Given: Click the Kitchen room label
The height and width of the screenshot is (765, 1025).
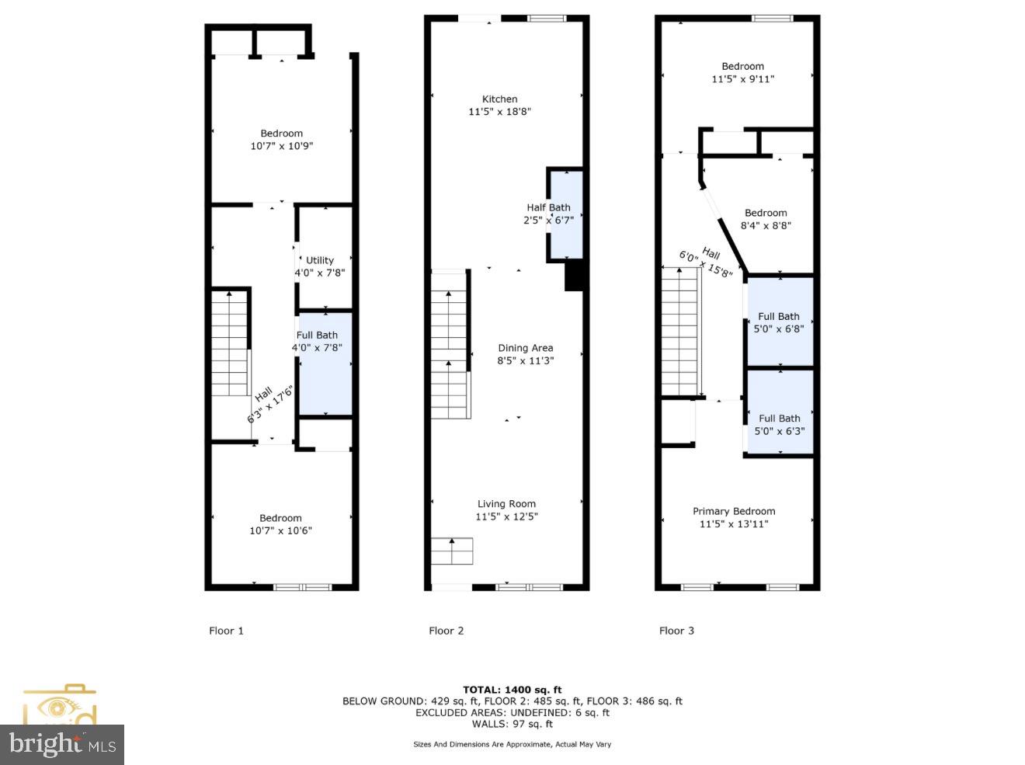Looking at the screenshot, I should click(499, 99).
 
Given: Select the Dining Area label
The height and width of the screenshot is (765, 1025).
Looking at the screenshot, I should click(525, 348).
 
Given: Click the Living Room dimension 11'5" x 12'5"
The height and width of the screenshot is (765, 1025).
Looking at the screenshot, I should click(506, 516).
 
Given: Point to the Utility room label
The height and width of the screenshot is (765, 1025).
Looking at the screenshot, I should click(319, 260).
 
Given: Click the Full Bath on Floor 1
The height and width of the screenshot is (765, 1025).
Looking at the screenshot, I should click(325, 365).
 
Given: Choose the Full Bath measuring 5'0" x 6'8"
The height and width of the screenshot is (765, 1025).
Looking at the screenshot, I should click(779, 322).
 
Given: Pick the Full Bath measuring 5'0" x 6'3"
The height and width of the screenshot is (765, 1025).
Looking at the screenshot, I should click(779, 424).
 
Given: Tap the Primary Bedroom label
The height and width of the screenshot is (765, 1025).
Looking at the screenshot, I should click(734, 511).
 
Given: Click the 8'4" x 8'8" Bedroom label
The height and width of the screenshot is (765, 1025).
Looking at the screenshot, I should click(766, 219).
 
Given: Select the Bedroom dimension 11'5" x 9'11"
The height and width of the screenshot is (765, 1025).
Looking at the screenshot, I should click(742, 79).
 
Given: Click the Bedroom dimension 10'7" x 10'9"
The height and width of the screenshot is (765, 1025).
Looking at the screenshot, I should click(281, 146).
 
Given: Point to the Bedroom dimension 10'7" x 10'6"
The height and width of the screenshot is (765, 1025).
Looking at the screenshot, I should click(280, 531).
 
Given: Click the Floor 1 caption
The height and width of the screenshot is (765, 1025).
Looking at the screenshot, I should click(226, 631).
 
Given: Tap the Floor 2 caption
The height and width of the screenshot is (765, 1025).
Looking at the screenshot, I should click(446, 631).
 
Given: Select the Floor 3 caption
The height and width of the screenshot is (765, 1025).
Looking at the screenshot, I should click(676, 631).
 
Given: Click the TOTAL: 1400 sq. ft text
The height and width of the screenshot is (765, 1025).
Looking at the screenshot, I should click(512, 690).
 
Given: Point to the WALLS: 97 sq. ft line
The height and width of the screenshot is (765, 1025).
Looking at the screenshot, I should click(512, 724).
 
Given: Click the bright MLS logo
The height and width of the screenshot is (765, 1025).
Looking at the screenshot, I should click(62, 745).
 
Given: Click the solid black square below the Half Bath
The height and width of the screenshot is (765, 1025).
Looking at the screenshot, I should click(573, 276).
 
